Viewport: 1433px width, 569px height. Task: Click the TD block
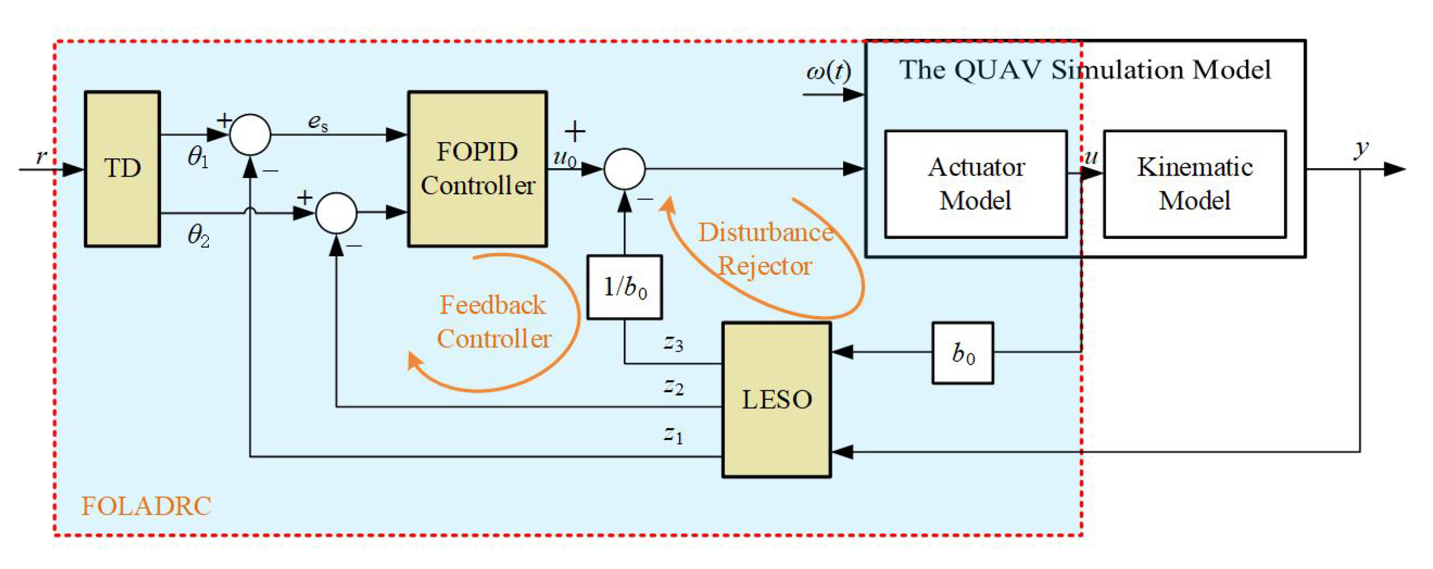tap(122, 169)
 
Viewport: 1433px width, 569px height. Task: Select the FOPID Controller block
tap(477, 169)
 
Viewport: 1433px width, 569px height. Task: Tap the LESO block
tap(777, 400)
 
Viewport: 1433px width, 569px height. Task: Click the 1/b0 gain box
tap(625, 287)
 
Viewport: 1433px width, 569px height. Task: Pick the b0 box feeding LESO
tap(963, 353)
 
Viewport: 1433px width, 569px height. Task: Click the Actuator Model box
tap(976, 184)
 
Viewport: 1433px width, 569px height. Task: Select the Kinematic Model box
tap(1195, 184)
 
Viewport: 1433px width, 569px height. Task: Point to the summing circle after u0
tap(625, 169)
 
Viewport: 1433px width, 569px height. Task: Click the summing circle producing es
tap(251, 135)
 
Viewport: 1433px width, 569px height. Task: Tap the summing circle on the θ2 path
tap(337, 213)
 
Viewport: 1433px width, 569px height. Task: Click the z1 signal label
tap(673, 434)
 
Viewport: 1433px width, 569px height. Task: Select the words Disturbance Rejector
tap(765, 249)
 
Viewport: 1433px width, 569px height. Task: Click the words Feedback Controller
tap(493, 322)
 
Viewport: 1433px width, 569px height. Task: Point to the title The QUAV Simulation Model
tap(1085, 70)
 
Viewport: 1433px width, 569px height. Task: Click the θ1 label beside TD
tap(198, 158)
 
